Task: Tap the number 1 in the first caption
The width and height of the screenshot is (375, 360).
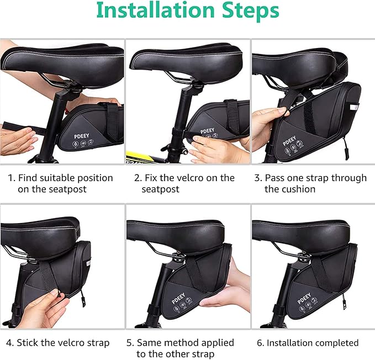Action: point(10,178)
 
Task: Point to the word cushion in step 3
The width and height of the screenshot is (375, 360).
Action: point(298,189)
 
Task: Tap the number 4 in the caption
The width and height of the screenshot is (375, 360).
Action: point(10,343)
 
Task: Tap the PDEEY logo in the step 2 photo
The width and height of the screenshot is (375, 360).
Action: point(207,131)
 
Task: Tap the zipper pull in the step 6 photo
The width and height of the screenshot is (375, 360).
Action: point(344,303)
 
